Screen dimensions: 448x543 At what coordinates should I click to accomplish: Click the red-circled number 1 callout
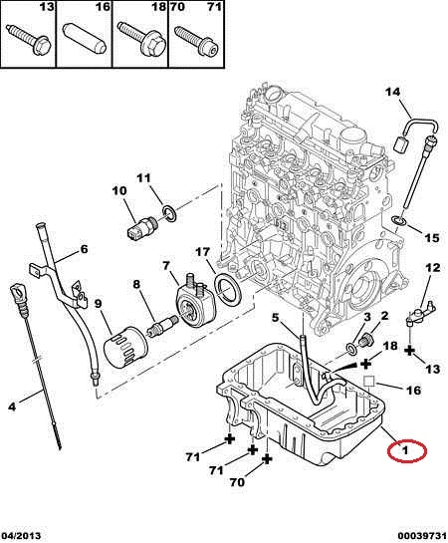coord(407,450)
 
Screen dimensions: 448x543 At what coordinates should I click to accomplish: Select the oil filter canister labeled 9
coord(125,348)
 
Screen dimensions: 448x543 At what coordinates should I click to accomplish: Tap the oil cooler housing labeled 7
coord(193,298)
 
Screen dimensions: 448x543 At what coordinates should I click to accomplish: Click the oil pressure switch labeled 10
coord(141,227)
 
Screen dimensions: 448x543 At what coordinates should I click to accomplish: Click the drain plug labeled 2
coord(365,340)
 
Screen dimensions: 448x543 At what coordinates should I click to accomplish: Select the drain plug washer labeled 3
coord(351,349)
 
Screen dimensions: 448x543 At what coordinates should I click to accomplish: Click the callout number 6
coord(84,249)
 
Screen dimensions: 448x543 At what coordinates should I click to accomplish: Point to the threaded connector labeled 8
coord(162,326)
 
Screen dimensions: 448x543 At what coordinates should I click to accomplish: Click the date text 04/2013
coord(21,536)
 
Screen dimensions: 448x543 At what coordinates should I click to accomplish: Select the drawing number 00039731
coord(422,536)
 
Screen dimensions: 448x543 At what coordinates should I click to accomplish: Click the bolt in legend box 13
coord(29,40)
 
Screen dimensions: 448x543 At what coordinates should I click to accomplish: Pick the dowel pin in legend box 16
coord(84,39)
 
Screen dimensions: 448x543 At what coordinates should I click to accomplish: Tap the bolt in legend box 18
coord(140,39)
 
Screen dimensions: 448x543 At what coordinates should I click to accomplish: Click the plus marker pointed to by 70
coord(267,459)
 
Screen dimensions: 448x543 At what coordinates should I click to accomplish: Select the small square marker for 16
coord(369,381)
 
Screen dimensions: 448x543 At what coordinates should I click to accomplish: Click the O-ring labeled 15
coord(398,220)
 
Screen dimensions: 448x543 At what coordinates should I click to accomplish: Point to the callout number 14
coord(392,92)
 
